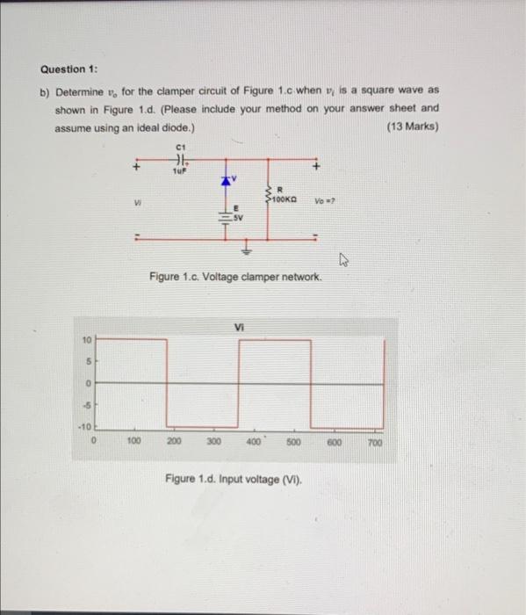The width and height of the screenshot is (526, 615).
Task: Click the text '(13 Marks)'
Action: (x=412, y=127)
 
